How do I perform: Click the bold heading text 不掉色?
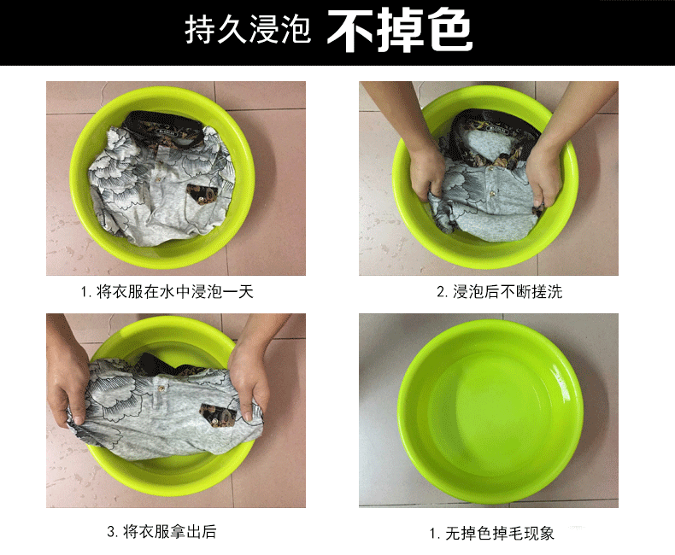(x=400, y=31)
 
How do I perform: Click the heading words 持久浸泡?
(x=248, y=30)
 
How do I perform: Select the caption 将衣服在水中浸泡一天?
(x=175, y=292)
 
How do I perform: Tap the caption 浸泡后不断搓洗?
(x=508, y=292)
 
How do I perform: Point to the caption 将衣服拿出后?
(x=170, y=532)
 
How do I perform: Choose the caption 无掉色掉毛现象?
(x=499, y=534)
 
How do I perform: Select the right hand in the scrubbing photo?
(x=544, y=176)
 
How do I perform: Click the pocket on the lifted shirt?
(x=219, y=414)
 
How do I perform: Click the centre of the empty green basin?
(x=490, y=414)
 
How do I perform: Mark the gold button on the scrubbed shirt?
(x=490, y=169)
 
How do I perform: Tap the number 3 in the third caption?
(x=110, y=532)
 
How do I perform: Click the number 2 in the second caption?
(x=440, y=293)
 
